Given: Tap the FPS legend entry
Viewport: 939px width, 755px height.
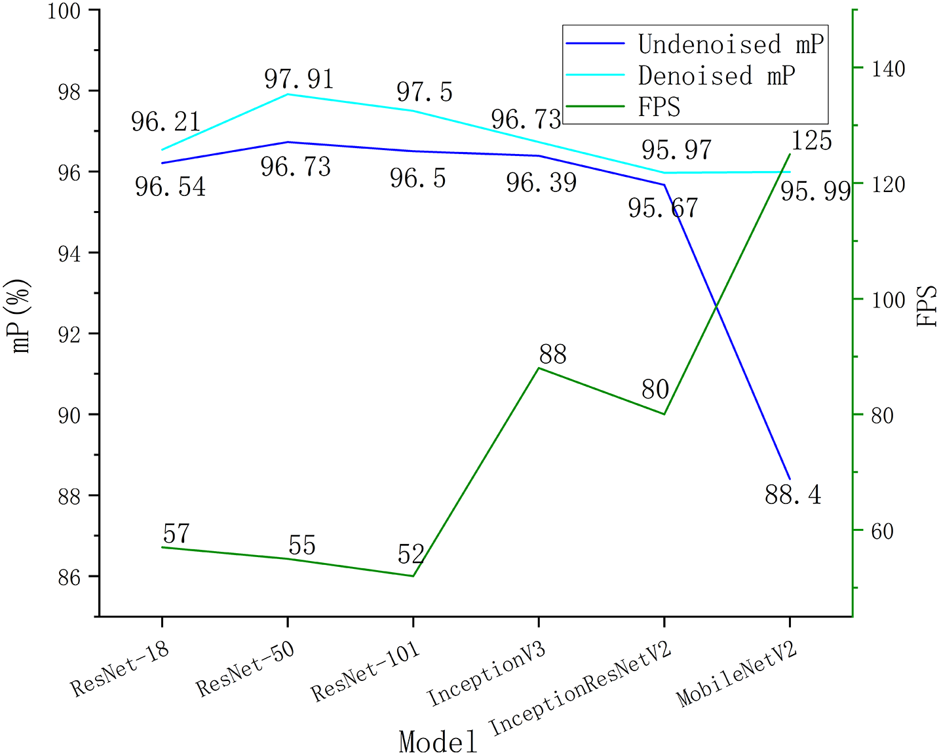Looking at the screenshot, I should pyautogui.click(x=659, y=106).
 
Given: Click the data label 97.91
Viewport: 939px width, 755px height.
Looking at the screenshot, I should pyautogui.click(x=299, y=79).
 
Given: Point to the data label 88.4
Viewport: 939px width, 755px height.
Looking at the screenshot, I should pyautogui.click(x=793, y=495).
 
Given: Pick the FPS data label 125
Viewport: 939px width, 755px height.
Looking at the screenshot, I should pyautogui.click(x=811, y=141).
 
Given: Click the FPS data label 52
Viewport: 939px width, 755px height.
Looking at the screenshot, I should pyautogui.click(x=411, y=554).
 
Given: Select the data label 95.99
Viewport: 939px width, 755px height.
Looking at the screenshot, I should pyautogui.click(x=815, y=191).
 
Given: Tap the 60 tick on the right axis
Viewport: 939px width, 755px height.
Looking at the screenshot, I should pyautogui.click(x=882, y=530).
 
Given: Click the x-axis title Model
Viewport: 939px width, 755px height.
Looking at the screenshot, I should pyautogui.click(x=438, y=741).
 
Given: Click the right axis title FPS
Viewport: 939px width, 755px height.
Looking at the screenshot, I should pyautogui.click(x=927, y=307).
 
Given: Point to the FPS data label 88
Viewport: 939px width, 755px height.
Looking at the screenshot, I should pyautogui.click(x=552, y=355).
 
